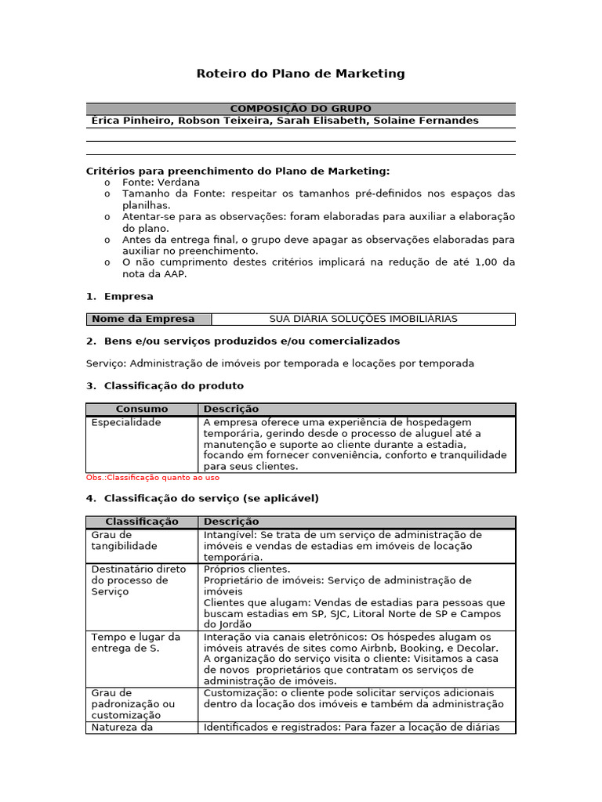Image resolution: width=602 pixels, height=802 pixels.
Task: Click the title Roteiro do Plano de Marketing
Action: click(300, 74)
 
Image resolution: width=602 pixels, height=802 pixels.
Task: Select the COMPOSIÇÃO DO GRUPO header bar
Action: click(300, 109)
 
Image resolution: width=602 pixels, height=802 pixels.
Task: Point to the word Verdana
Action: click(178, 182)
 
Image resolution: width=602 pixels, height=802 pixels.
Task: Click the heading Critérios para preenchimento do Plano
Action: click(238, 171)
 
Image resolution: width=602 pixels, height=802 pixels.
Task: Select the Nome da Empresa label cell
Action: click(148, 319)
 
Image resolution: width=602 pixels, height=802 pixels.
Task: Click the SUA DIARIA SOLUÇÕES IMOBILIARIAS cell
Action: click(363, 319)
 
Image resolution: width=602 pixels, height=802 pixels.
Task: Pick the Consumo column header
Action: click(142, 409)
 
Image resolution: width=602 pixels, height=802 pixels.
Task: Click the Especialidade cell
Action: click(126, 422)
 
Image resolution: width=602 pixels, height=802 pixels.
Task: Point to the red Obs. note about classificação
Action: click(152, 477)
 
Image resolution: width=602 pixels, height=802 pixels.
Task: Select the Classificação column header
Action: click(142, 522)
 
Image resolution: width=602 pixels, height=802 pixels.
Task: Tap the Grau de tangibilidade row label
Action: click(125, 540)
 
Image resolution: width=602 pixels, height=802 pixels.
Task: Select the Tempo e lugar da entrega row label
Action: click(136, 642)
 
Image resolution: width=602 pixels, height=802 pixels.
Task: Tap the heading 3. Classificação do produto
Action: click(165, 386)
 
